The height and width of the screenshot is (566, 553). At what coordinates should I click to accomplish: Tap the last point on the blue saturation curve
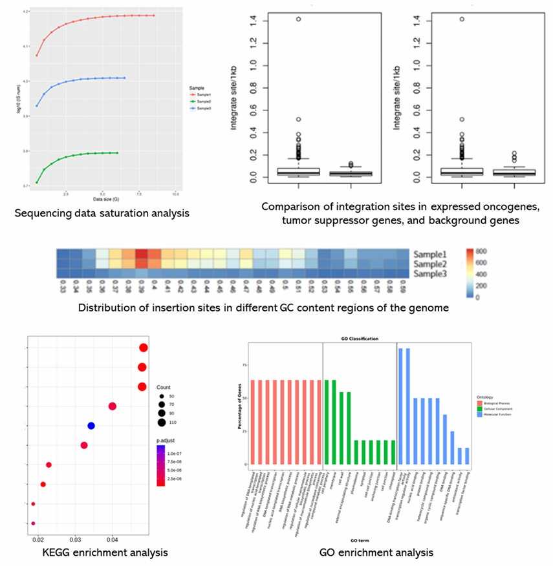124,78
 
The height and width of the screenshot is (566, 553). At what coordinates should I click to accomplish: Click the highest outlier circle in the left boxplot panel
298,19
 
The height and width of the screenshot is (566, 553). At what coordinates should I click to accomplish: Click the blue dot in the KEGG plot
91,426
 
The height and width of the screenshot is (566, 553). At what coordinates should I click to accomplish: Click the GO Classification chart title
360,339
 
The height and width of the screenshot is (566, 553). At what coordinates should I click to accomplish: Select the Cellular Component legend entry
497,416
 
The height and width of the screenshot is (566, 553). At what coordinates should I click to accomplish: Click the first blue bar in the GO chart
401,406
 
